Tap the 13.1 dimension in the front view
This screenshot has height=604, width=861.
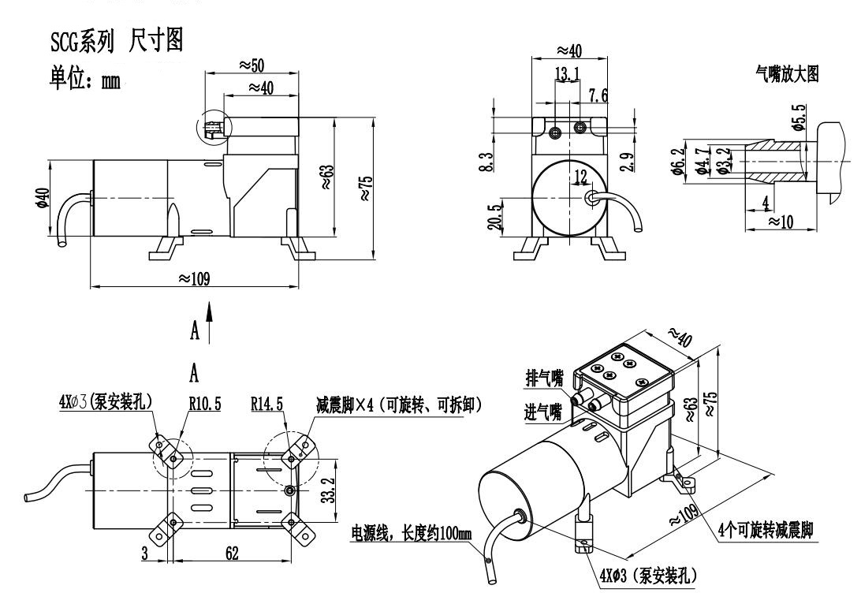(567, 74)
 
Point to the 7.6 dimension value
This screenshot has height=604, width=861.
(598, 96)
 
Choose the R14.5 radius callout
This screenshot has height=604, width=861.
(268, 404)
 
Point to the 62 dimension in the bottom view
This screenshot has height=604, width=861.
(232, 554)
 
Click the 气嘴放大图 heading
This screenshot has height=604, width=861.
(786, 75)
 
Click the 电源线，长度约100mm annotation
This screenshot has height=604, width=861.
(411, 535)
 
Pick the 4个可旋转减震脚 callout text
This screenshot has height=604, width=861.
(766, 530)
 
